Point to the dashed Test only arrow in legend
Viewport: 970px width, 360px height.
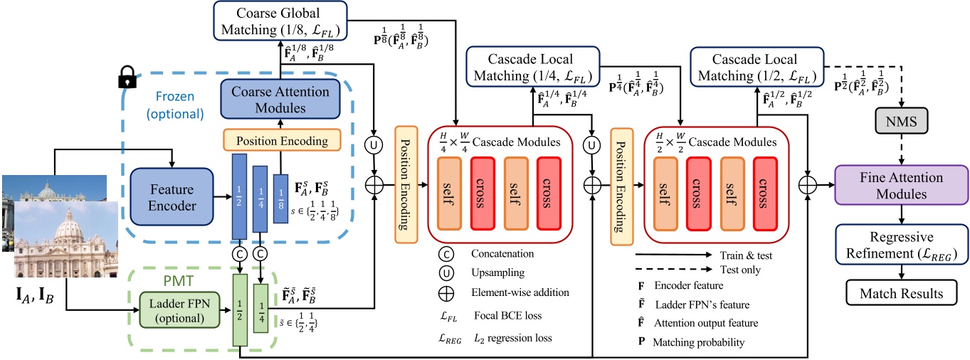673,270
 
